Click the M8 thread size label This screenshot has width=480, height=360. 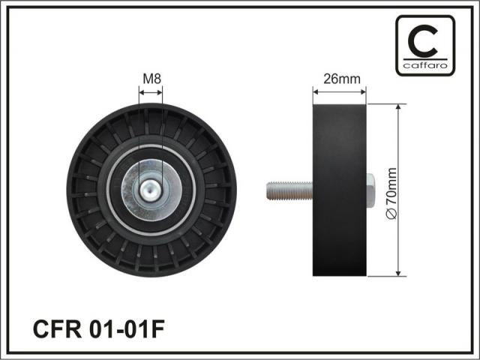pos(152,79)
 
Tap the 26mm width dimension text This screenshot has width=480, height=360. pos(342,79)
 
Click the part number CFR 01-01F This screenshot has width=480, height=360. pos(99,329)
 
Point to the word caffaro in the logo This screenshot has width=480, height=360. pos(425,65)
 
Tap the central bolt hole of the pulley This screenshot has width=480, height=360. pos(150,190)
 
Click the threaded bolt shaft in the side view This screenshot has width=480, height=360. pos(289,190)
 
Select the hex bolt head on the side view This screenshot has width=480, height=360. pos(370,190)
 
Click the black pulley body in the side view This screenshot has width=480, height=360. pos(340,190)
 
